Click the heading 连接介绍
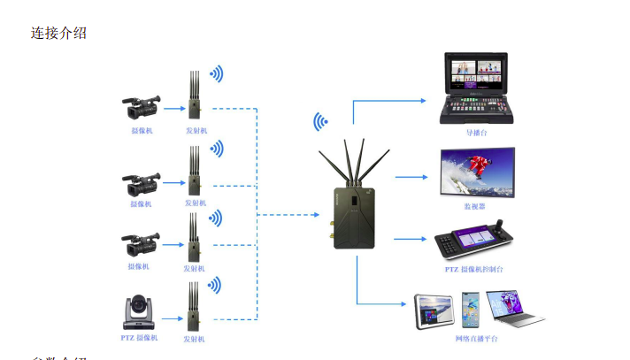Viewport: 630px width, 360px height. coord(59,34)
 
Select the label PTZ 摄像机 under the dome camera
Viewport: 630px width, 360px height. coord(139,338)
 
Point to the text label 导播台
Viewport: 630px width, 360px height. coord(477,134)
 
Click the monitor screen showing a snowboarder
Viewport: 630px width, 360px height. coord(479,172)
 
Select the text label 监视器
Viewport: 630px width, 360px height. coord(475,206)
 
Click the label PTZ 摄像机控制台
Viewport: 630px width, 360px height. coord(474,268)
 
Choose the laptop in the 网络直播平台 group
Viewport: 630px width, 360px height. coord(514,310)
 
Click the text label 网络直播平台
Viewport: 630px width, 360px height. coord(477,339)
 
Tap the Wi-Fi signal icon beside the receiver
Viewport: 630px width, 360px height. coord(321,121)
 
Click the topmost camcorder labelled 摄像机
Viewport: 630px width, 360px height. coord(141,108)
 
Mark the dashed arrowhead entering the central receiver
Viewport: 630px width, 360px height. coord(314,214)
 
